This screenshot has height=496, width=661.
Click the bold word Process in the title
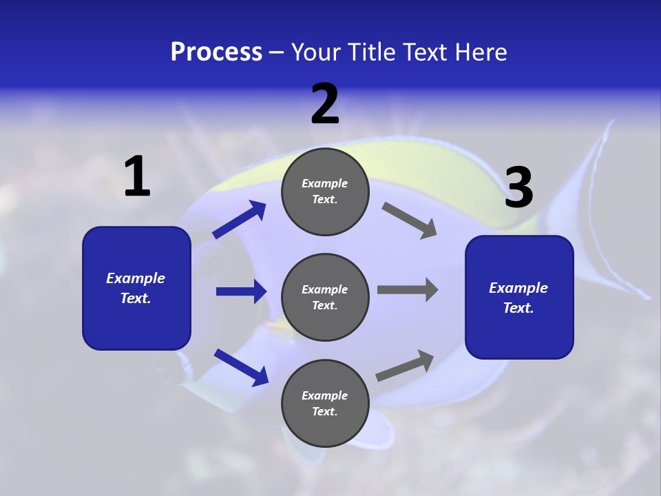click(216, 52)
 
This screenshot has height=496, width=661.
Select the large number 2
click(325, 104)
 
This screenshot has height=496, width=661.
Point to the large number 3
click(518, 187)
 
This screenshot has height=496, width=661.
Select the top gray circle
click(325, 192)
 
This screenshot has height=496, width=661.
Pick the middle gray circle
click(325, 298)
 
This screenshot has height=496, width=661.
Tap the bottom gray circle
click(325, 404)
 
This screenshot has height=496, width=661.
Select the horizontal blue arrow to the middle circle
click(241, 291)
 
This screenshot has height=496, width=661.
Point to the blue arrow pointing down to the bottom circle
click(241, 366)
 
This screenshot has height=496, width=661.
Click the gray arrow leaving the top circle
click(410, 220)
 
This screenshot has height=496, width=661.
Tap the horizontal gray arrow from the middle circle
click(408, 289)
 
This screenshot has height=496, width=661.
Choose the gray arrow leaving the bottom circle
click(405, 366)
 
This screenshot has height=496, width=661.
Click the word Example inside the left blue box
click(136, 278)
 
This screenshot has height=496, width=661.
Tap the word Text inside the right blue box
click(518, 308)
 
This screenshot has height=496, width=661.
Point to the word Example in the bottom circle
click(324, 395)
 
